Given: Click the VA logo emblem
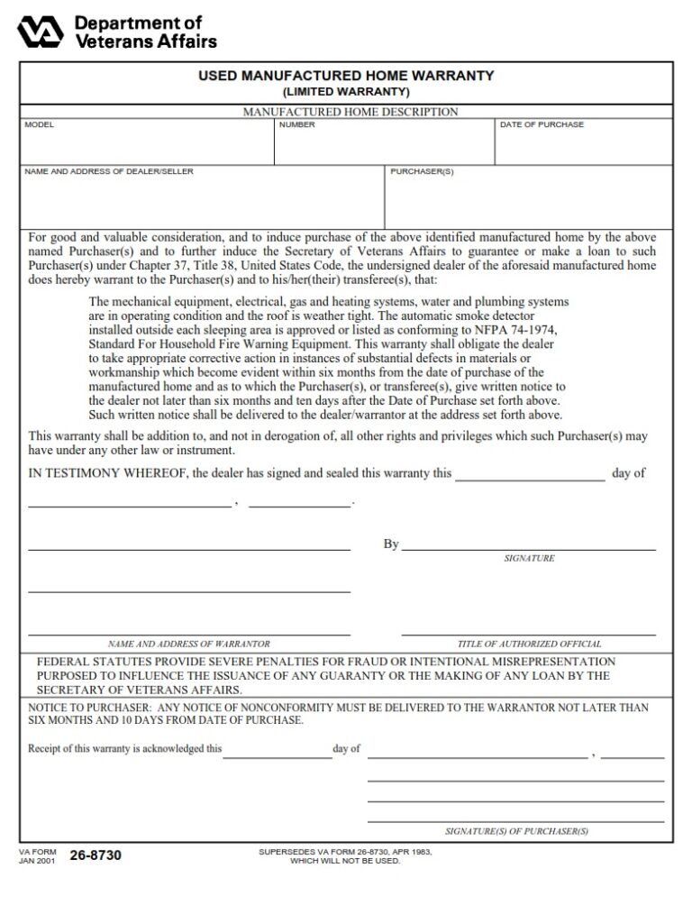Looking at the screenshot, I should (x=41, y=31).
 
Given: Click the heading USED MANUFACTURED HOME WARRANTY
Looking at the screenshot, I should (x=346, y=76).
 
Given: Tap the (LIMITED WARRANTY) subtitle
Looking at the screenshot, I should (x=346, y=92).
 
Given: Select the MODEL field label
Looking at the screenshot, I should (x=40, y=124).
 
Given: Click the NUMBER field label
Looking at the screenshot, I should (x=297, y=124).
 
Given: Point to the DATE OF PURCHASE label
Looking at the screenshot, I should (x=542, y=124).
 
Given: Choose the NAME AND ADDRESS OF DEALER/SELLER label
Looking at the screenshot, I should (x=109, y=171).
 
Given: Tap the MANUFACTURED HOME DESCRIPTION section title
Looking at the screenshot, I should (x=351, y=112).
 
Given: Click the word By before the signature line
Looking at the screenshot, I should (x=391, y=544).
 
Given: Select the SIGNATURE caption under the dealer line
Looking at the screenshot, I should (x=529, y=559).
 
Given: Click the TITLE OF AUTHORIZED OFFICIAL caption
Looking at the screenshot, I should (x=529, y=644).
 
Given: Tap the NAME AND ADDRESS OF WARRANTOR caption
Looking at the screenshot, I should (x=188, y=644).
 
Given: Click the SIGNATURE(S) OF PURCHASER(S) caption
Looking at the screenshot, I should (x=516, y=831).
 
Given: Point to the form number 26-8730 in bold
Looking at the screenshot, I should (x=96, y=855).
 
